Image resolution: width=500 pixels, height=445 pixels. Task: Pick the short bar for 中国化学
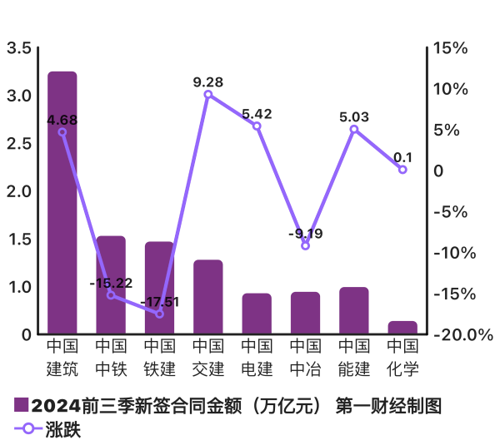[x=402, y=328]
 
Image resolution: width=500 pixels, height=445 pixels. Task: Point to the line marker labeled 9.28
[x=208, y=94]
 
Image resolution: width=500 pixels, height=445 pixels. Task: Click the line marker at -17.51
[x=160, y=314]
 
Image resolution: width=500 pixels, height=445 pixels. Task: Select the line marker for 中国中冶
[x=305, y=245]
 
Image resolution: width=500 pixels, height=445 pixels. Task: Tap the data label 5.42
[x=257, y=112]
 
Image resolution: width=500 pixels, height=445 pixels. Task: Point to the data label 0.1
[x=402, y=156]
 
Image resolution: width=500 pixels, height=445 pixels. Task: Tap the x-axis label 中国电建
[x=257, y=356]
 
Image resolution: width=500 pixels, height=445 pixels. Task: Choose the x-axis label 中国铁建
[x=160, y=356]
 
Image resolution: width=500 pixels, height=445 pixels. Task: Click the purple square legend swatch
[x=22, y=406]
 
